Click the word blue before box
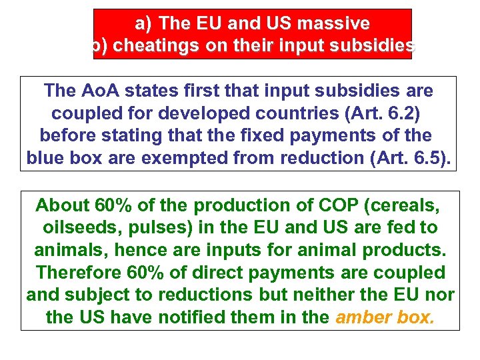tap(47, 159)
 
